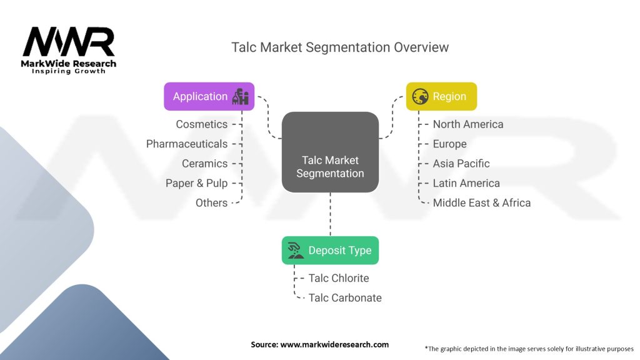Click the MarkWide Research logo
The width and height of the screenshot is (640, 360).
69,49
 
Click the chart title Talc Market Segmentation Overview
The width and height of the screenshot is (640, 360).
340,47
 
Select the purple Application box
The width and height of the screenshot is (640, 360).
209,96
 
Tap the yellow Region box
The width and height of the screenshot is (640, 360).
441,96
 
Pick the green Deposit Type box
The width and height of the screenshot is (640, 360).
330,250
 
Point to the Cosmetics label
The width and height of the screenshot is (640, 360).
201,124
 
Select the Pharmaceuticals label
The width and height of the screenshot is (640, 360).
187,144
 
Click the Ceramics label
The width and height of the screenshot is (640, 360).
204,163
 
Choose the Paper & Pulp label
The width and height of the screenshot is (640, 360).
196,183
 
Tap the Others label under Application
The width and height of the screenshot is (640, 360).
211,202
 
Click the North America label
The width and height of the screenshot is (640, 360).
467,124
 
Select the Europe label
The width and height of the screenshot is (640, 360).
449,144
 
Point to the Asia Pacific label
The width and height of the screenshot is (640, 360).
461,163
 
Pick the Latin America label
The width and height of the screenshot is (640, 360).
466,183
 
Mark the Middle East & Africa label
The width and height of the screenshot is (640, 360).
481,202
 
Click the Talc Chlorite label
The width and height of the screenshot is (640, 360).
339,278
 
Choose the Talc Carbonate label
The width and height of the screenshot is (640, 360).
345,297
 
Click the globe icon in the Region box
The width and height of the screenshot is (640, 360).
420,96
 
